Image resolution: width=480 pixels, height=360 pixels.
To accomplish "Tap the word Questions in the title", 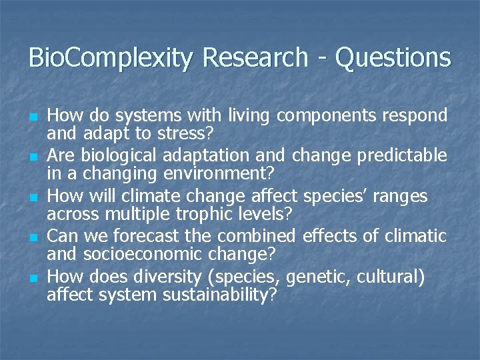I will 393,58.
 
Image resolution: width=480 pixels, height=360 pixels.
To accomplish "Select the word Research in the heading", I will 257,58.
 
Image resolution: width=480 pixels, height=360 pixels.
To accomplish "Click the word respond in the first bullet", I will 414,117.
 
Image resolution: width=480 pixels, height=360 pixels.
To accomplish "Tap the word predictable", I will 402,156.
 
